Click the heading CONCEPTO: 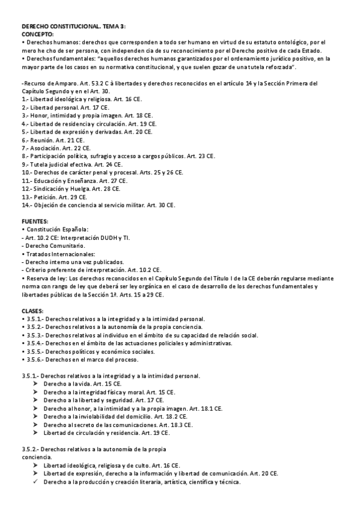point(37,35)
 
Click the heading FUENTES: point(35,221)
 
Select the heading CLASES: point(33,310)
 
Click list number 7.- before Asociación point(26,147)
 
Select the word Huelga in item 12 point(80,188)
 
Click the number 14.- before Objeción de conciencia point(28,205)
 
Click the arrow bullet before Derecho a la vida point(36,384)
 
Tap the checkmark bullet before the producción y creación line point(36,482)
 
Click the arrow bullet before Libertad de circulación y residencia point(36,433)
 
